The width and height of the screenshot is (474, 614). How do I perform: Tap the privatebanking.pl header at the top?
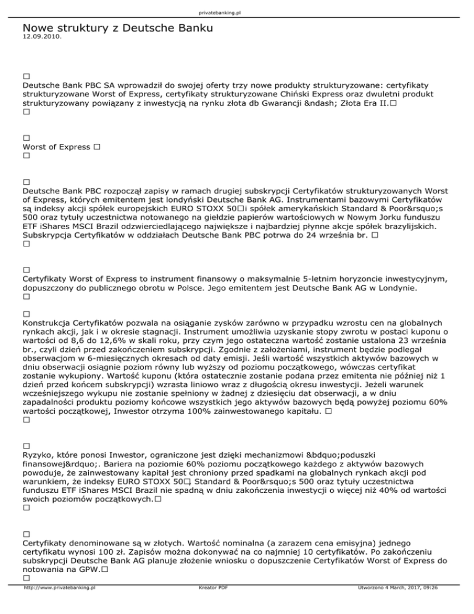(x=237, y=12)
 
